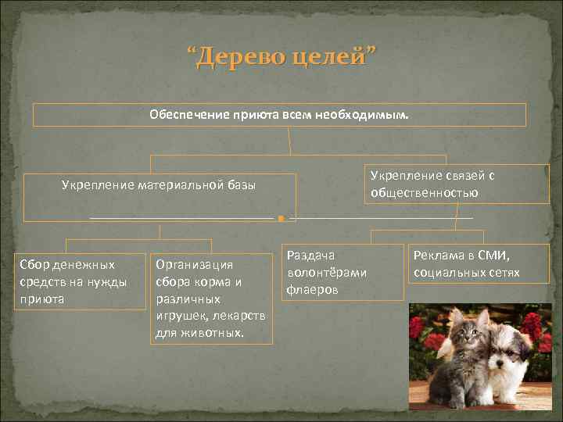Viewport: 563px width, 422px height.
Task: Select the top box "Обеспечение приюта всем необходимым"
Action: [279, 115]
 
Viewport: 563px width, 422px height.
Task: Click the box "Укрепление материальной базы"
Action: [160, 197]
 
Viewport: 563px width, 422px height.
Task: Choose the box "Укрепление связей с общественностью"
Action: [457, 184]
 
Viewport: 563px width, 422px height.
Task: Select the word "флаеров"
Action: [314, 289]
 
